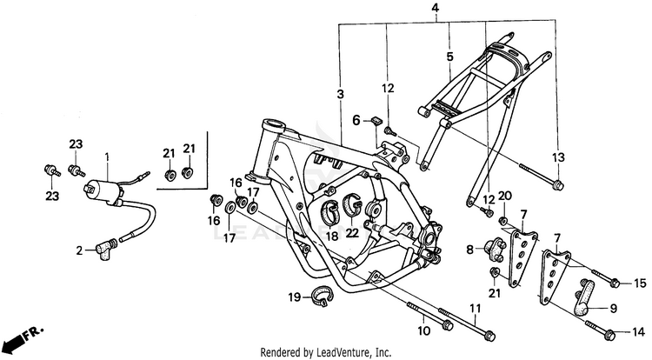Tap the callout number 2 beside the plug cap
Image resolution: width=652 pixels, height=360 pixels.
click(x=78, y=250)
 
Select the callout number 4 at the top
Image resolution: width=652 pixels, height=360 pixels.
click(x=448, y=10)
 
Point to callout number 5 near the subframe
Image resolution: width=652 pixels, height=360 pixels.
click(x=449, y=57)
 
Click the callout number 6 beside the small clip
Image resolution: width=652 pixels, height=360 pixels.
click(x=356, y=119)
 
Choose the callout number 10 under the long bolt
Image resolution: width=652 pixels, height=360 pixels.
click(x=424, y=330)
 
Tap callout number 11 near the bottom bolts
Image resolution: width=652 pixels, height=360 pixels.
click(x=474, y=310)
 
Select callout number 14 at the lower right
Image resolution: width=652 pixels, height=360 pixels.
click(x=639, y=331)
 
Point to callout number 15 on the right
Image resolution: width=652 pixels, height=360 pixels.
click(x=640, y=283)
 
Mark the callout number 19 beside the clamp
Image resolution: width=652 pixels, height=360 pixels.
click(x=294, y=297)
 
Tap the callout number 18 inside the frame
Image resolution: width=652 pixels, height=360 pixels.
click(x=331, y=236)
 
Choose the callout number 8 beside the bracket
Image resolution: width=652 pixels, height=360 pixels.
click(x=470, y=250)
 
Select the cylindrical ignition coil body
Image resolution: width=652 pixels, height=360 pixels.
click(x=102, y=188)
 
